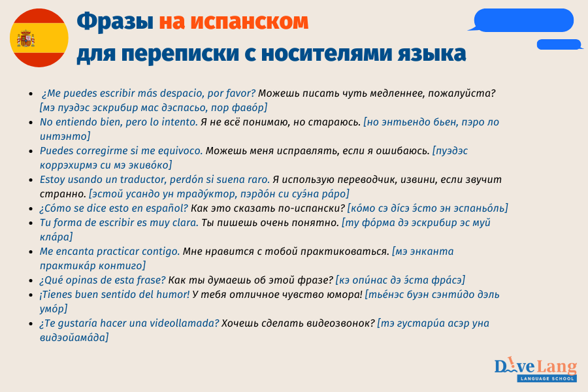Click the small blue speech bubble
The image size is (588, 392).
tap(559, 44)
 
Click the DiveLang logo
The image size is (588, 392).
tap(535, 366)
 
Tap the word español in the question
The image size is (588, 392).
tap(165, 208)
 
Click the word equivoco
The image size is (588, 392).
tap(180, 150)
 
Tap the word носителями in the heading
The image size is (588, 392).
tap(323, 53)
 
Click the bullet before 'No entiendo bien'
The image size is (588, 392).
tap(32, 122)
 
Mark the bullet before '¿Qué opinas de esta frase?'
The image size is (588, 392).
tap(32, 280)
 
